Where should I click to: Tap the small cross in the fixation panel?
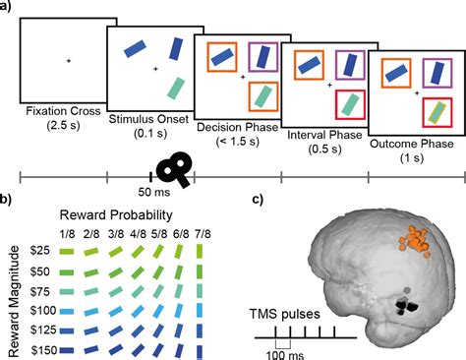click(69, 62)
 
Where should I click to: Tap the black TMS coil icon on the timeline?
click(177, 169)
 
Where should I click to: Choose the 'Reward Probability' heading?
click(121, 214)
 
